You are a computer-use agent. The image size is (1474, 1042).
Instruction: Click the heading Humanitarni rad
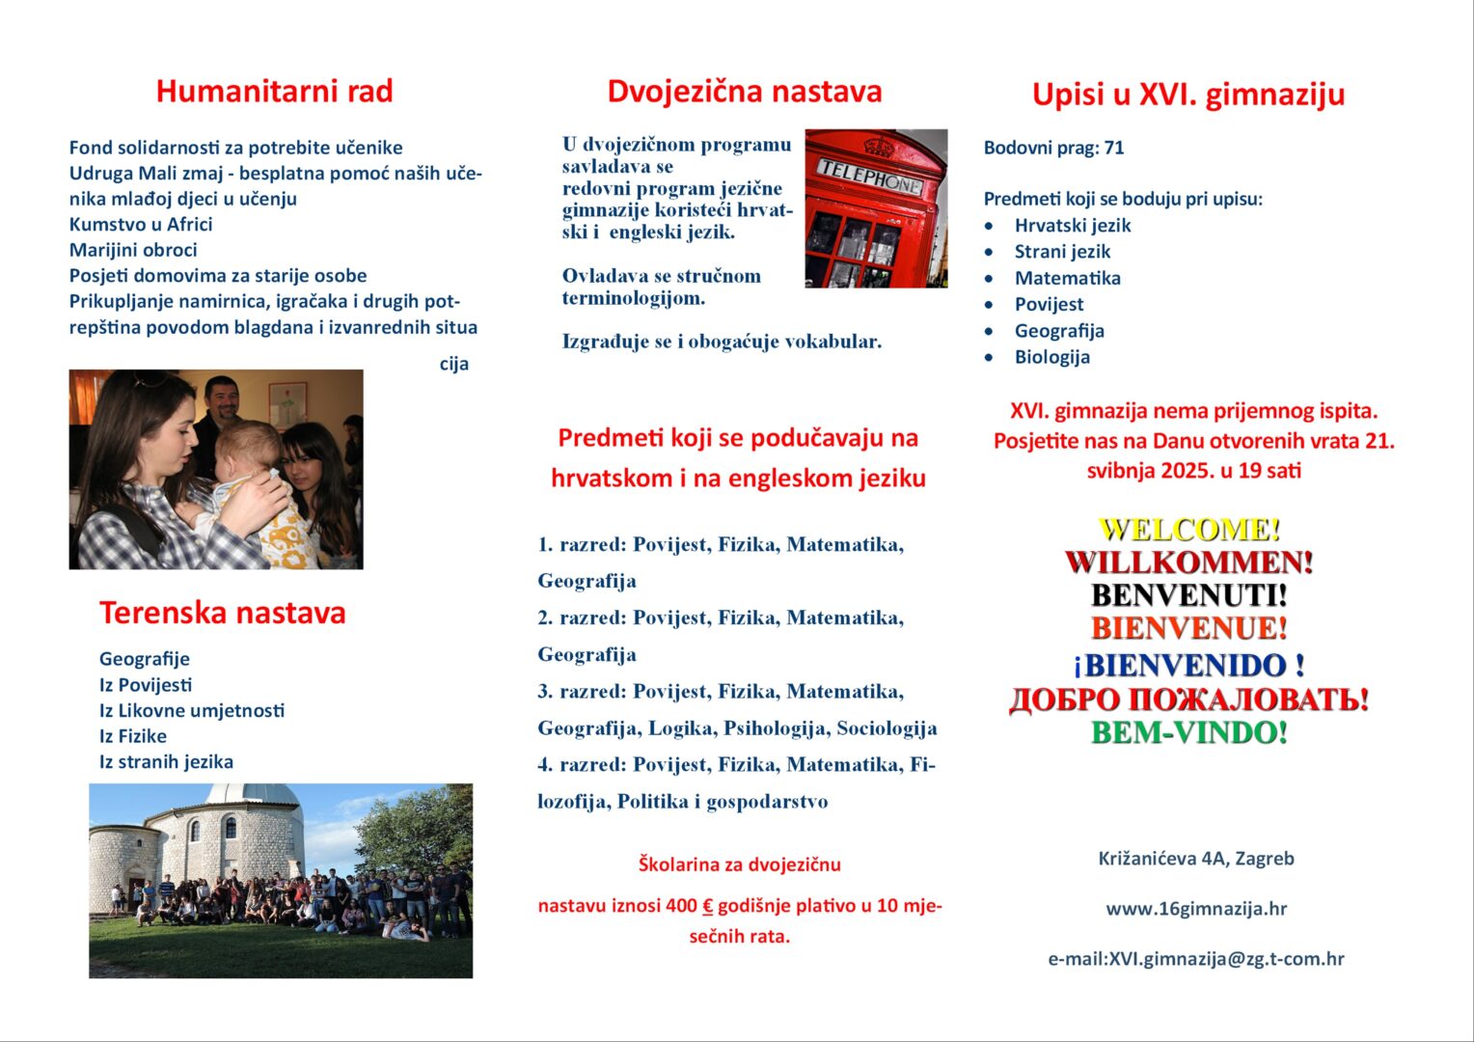(x=274, y=92)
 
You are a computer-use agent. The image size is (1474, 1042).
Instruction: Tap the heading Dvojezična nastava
(x=744, y=92)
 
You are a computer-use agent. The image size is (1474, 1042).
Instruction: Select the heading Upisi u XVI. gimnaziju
(x=1187, y=95)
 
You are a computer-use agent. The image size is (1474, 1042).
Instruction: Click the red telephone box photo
(x=876, y=208)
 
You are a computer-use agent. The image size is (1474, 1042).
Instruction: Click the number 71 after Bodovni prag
(x=1114, y=148)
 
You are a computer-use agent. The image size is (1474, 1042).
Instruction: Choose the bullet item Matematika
(x=1067, y=278)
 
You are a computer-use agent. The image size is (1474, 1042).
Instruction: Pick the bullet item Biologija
(x=1051, y=357)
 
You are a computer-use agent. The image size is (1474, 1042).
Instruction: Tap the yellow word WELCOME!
(x=1189, y=530)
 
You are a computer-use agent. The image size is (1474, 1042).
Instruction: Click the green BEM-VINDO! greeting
(x=1189, y=733)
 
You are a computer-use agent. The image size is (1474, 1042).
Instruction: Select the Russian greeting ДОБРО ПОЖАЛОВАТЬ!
(x=1189, y=699)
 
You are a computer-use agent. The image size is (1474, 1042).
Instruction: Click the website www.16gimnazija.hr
(x=1196, y=909)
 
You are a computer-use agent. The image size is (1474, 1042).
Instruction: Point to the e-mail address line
(x=1196, y=959)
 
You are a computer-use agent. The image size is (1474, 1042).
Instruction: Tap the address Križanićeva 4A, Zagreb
(x=1196, y=859)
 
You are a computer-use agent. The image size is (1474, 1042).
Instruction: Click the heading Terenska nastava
(x=222, y=614)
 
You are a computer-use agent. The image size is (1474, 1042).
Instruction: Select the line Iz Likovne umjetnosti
(x=191, y=711)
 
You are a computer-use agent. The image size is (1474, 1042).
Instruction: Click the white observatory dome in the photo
(x=254, y=799)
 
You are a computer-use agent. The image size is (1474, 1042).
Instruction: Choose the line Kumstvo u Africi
(x=141, y=225)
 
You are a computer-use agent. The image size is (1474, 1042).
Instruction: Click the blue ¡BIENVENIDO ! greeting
(x=1189, y=666)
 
